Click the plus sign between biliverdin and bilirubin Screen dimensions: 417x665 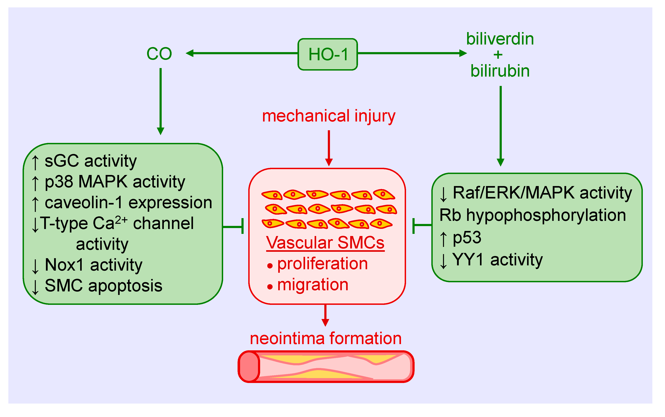(x=498, y=55)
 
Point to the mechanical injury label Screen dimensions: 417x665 (x=329, y=116)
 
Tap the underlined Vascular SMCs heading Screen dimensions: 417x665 (x=325, y=243)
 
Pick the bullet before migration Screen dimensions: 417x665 (x=270, y=287)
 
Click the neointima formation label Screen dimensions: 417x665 (x=326, y=338)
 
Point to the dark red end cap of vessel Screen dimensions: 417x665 (x=249, y=366)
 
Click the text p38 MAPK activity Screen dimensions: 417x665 (x=115, y=182)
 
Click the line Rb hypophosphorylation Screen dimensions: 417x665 (x=533, y=215)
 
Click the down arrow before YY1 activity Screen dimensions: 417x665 (x=443, y=261)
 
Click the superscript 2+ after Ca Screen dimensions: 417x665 (x=121, y=220)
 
